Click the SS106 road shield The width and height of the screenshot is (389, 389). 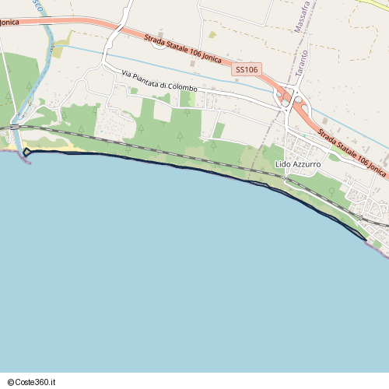click(x=246, y=70)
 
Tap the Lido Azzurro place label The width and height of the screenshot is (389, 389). click(x=298, y=165)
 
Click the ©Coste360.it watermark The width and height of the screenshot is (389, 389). click(x=32, y=382)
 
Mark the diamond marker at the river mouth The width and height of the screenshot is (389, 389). click(x=26, y=152)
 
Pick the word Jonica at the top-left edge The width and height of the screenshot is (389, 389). click(x=9, y=23)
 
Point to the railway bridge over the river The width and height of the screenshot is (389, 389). click(x=16, y=126)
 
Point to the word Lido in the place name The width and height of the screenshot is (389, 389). click(x=282, y=165)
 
